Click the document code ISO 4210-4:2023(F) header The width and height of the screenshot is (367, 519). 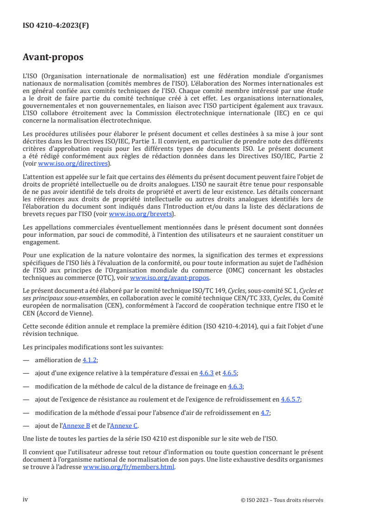click(x=56, y=26)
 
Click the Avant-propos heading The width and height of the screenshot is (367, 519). click(x=53, y=57)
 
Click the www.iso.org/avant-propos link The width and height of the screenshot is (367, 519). click(x=170, y=278)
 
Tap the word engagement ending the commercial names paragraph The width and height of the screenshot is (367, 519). click(x=40, y=241)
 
